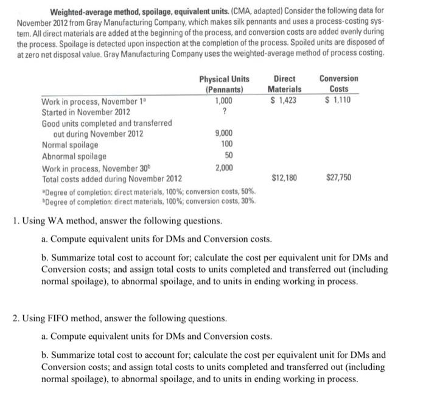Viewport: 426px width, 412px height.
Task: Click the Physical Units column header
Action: pos(223,83)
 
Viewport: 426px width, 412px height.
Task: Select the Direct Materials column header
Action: pos(284,83)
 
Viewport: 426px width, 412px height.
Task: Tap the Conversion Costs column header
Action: pos(338,83)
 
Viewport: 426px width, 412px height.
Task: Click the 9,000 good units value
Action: pos(223,134)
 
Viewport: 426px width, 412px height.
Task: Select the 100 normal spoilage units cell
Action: pos(226,145)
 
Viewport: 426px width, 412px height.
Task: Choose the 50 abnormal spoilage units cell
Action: pos(228,156)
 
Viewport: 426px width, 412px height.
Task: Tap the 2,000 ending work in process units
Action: pos(223,167)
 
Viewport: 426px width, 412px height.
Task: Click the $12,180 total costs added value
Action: pos(284,178)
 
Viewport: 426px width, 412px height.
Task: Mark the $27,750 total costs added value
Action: pos(338,178)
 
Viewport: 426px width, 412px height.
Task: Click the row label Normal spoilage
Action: pos(70,145)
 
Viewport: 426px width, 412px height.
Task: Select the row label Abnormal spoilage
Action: pos(74,156)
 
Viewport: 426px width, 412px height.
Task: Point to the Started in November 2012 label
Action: pos(85,112)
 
